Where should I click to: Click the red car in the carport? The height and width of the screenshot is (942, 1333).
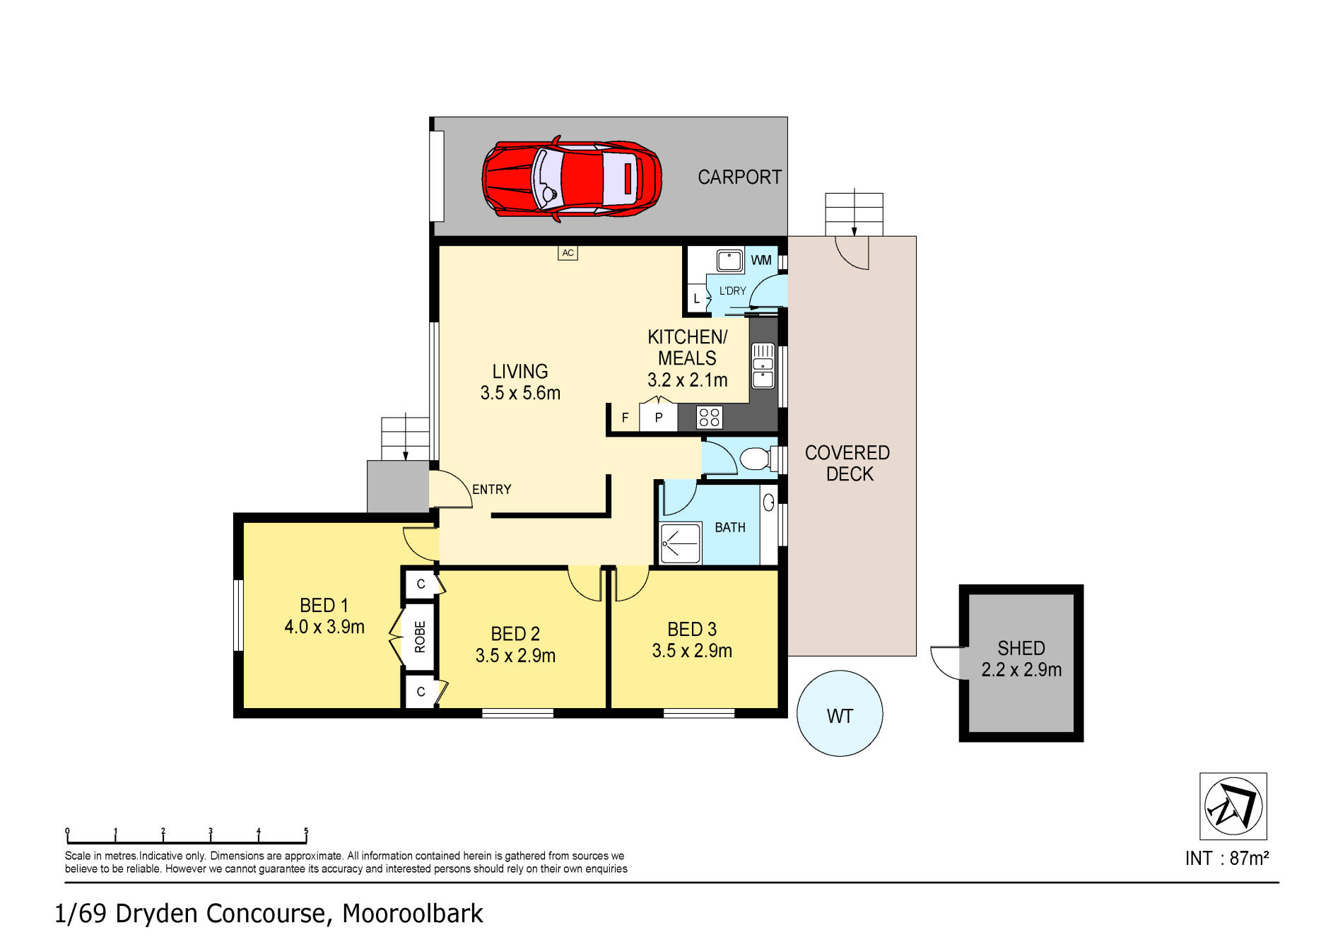[571, 179]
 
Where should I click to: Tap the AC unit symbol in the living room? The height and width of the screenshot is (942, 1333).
[568, 253]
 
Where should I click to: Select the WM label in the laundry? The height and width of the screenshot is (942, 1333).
[761, 260]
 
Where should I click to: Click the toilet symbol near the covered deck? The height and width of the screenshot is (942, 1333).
[756, 459]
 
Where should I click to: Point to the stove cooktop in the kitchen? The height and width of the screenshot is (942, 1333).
[709, 418]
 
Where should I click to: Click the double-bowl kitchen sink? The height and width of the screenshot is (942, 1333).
[763, 365]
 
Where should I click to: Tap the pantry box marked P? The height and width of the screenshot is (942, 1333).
[658, 418]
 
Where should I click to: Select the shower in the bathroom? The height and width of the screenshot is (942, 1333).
[680, 543]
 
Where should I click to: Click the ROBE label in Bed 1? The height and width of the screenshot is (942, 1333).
[420, 637]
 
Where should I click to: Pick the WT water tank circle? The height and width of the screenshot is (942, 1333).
[840, 714]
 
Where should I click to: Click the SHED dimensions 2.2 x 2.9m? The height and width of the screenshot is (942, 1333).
[1021, 670]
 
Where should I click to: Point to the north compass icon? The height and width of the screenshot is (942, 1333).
[1233, 806]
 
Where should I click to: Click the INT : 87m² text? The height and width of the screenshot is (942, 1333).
[1226, 859]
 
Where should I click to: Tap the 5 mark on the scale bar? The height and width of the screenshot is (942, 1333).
[306, 832]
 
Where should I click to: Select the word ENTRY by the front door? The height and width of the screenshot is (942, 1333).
[491, 490]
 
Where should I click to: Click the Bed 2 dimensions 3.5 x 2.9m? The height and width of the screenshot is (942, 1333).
[515, 656]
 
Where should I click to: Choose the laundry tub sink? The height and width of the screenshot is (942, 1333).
[729, 261]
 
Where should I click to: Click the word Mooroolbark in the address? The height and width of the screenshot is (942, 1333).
[412, 914]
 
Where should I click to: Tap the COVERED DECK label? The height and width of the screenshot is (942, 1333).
[847, 464]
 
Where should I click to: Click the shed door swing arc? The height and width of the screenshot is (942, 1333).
[942, 665]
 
